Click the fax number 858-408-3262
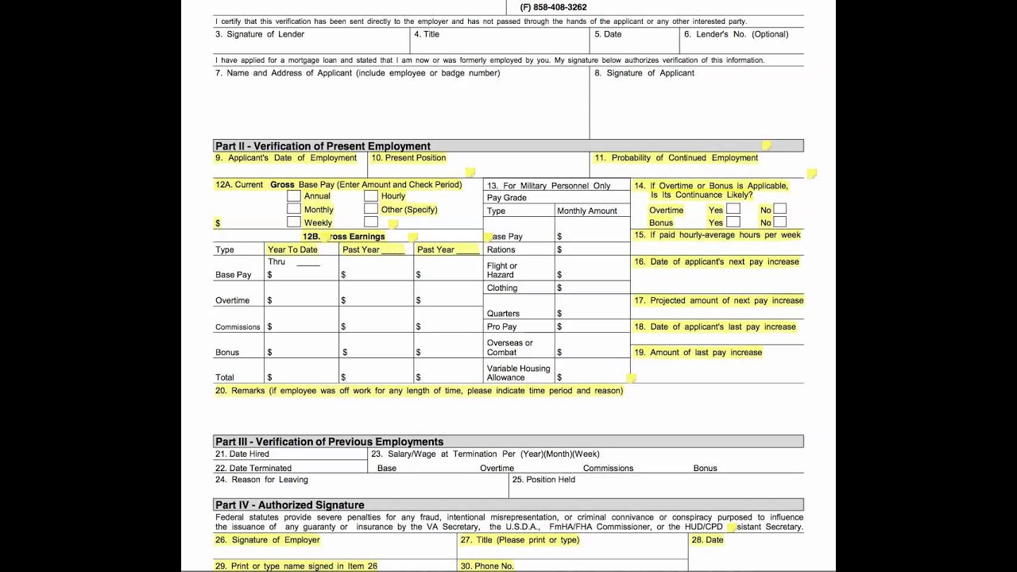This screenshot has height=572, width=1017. point(553,7)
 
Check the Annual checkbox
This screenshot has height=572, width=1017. point(294,196)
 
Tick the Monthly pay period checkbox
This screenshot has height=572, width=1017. point(294,210)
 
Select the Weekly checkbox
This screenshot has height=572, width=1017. point(294,222)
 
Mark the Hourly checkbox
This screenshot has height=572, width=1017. point(371,196)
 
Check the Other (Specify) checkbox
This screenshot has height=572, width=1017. point(371,210)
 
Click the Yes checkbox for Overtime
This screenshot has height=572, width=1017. point(733,210)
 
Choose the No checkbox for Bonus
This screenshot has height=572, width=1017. point(780,222)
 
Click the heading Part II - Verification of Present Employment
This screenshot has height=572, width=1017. point(323,146)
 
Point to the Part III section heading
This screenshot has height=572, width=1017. point(329,442)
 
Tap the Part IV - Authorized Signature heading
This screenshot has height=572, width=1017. point(289,505)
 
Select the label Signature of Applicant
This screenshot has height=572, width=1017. point(650,73)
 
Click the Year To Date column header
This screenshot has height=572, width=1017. point(292,249)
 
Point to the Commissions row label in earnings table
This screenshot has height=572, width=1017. point(238,327)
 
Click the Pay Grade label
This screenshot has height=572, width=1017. point(507,198)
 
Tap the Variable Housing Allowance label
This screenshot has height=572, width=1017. point(518,373)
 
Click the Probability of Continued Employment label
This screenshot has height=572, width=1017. point(684,158)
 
